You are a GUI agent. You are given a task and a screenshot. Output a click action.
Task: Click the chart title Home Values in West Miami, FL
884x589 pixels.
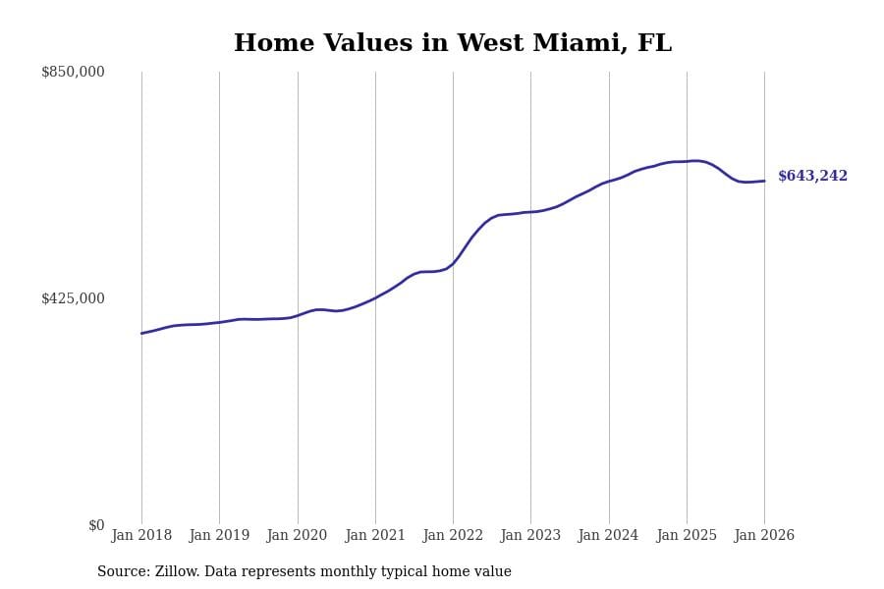(453, 44)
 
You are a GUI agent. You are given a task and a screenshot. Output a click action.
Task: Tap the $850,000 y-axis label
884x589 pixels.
(73, 72)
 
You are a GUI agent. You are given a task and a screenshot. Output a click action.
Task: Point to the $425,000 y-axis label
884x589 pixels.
(73, 298)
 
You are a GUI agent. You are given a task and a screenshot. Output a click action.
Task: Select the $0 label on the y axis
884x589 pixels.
(96, 525)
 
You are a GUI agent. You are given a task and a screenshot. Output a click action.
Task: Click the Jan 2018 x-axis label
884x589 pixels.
(141, 536)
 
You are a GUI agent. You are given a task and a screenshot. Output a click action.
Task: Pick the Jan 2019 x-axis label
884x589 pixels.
(219, 536)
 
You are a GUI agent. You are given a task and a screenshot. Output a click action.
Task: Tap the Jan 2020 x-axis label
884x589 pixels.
(297, 536)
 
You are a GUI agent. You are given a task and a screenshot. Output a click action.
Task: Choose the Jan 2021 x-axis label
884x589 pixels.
(375, 536)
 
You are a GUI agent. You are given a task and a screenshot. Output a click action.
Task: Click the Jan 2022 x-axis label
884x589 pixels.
(453, 536)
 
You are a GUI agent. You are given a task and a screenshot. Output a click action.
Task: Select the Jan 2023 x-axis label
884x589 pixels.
(530, 536)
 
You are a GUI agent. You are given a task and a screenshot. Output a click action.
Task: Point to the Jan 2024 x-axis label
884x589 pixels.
(608, 536)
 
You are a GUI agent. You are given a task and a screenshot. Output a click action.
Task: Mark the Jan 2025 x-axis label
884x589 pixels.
(687, 536)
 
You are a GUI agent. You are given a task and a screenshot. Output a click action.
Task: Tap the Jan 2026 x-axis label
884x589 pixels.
(764, 536)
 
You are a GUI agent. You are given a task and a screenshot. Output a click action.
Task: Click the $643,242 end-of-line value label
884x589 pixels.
(812, 177)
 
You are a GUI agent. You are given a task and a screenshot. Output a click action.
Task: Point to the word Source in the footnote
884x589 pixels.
(122, 572)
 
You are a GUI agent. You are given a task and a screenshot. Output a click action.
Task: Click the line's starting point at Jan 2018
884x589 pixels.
(141, 333)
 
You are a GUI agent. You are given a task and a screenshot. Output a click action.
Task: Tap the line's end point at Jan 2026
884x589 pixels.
(764, 181)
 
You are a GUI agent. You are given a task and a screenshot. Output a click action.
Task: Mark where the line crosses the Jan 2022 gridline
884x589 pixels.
(453, 263)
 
